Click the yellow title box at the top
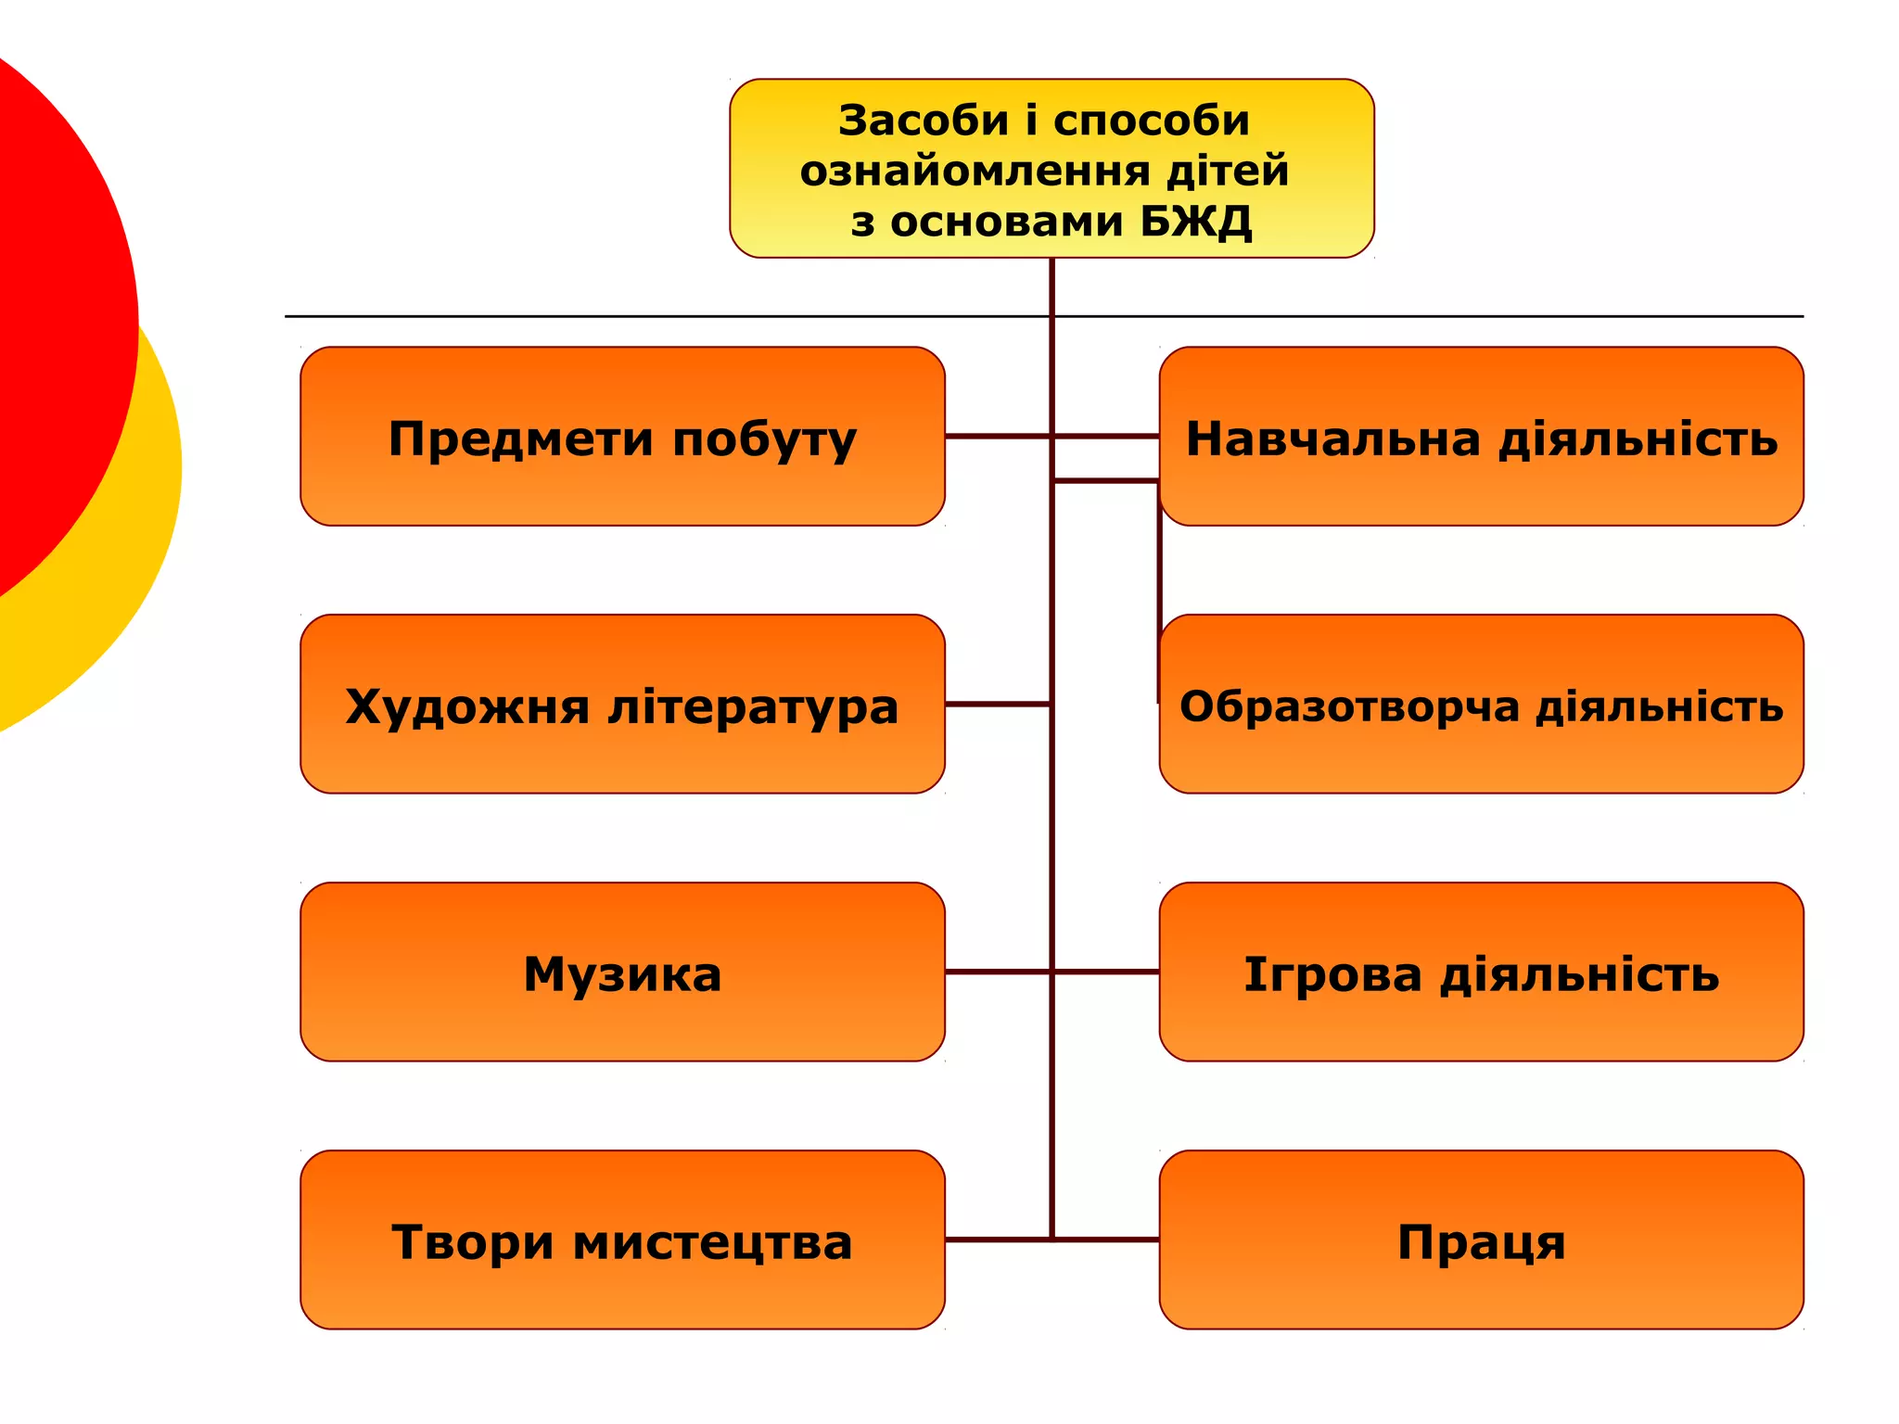click(1051, 168)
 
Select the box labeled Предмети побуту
click(622, 436)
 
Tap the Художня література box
click(622, 704)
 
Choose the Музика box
click(622, 972)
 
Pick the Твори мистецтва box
click(622, 1240)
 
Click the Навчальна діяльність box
click(1481, 436)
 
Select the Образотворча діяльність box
click(1481, 704)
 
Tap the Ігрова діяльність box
click(1481, 972)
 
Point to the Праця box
click(1481, 1240)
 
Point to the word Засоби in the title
click(923, 121)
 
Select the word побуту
click(764, 439)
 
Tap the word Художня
click(466, 707)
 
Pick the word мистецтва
click(712, 1243)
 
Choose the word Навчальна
click(1332, 439)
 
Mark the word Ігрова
click(1332, 974)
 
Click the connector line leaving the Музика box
click(997, 972)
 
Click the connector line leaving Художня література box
click(997, 705)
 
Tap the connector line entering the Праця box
click(1105, 1240)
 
